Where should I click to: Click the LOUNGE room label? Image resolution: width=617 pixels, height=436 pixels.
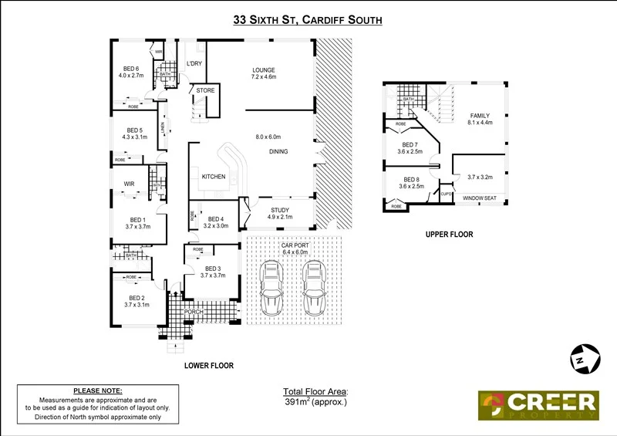coord(264,69)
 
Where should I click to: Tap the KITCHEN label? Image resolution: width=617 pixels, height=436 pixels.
coord(214,177)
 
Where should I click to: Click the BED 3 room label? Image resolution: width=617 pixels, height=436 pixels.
coord(212,269)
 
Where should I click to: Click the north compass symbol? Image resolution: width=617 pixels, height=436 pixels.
coord(585,359)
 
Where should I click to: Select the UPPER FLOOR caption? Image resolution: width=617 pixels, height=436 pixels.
coord(449,234)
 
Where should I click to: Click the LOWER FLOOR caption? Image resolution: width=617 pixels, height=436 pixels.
coord(209,365)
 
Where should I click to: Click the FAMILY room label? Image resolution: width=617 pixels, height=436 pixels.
coord(480,115)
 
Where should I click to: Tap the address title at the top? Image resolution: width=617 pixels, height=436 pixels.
coord(308,21)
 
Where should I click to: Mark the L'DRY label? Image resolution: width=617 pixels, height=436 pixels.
coord(194,63)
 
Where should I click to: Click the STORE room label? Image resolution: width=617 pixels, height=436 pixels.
coord(205,90)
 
